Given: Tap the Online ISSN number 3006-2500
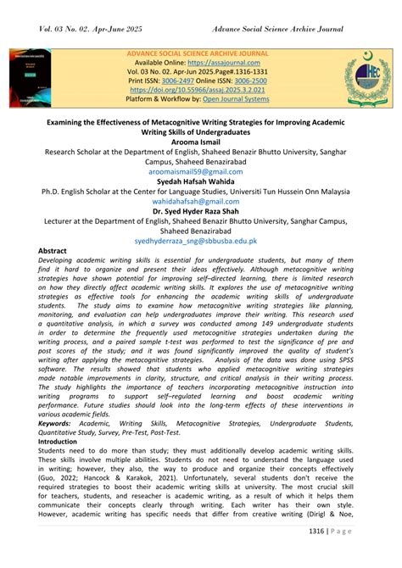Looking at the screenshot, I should tap(252, 81).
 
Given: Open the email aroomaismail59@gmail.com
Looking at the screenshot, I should tap(201, 171).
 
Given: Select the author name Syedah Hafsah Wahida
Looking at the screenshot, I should tap(201, 181).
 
